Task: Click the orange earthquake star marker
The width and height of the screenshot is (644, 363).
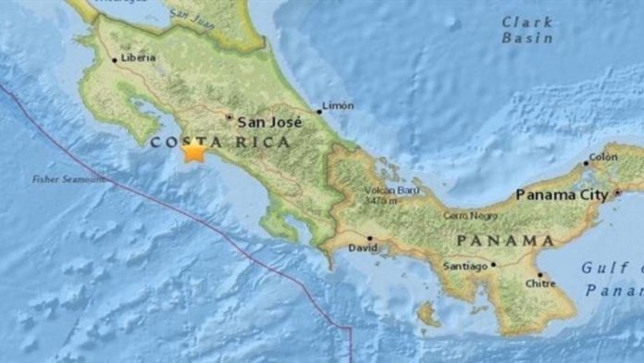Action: point(193,151)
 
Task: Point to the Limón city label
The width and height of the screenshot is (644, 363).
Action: point(337,106)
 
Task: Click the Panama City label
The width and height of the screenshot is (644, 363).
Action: point(562,195)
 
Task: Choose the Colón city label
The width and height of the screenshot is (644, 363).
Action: point(602,156)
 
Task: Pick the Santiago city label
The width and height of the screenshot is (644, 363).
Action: point(465,267)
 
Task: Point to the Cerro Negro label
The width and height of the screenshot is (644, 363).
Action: point(464,215)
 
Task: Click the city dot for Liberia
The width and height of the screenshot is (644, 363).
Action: point(116,60)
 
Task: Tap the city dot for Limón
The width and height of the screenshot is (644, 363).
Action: point(318,111)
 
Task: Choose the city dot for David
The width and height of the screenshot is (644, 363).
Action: point(370,238)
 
